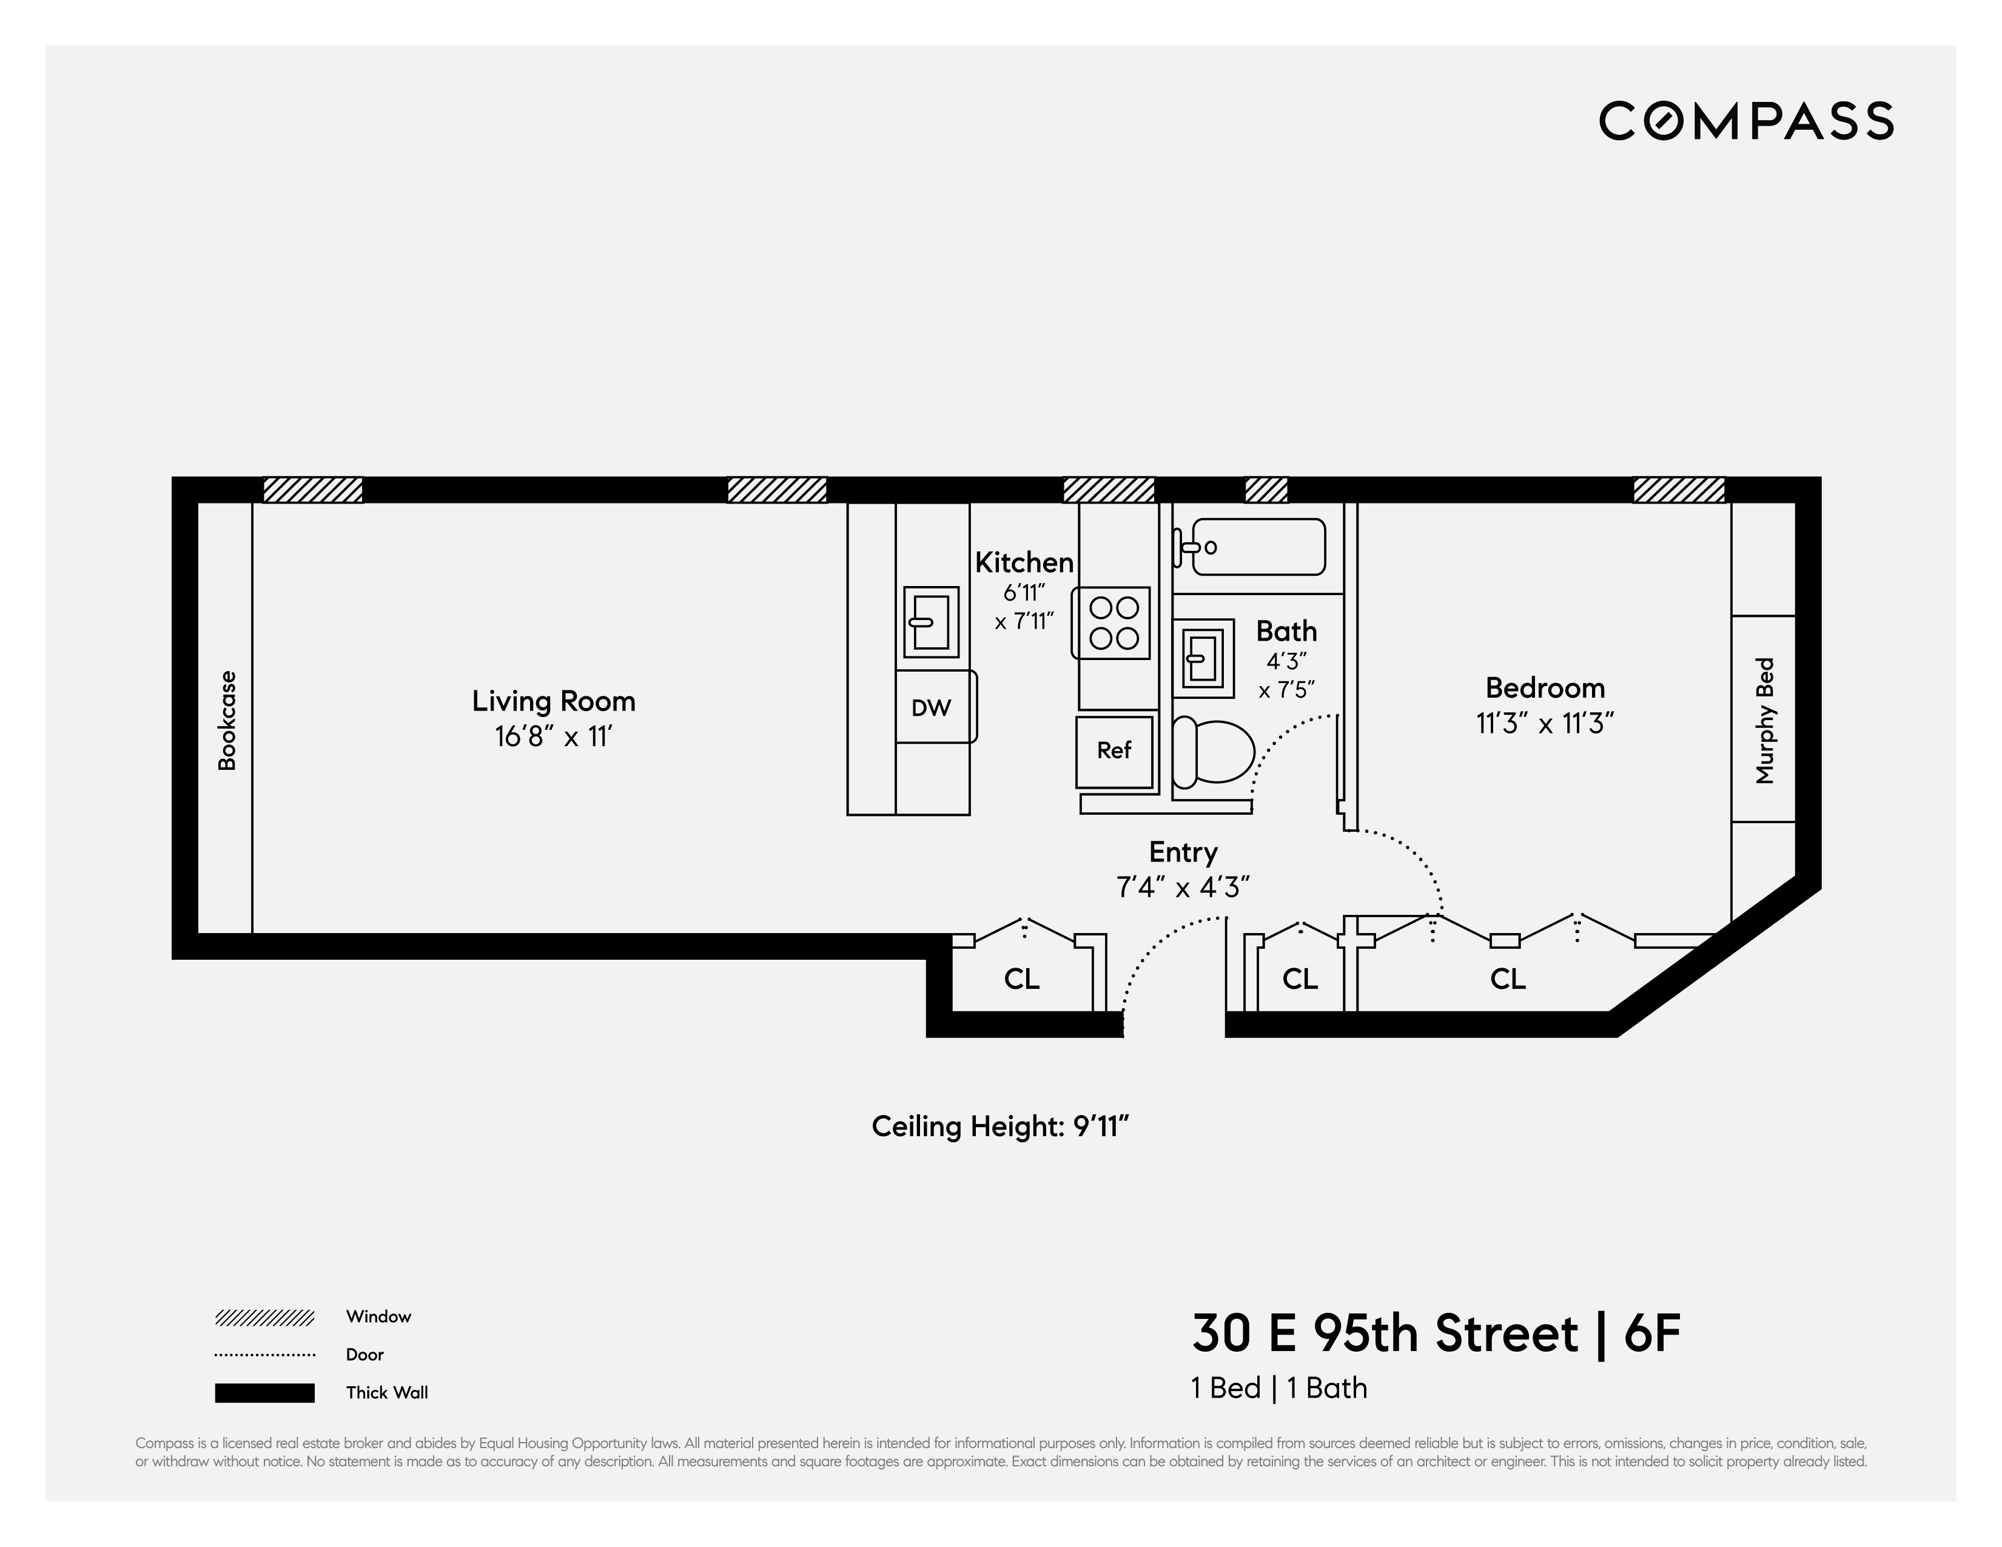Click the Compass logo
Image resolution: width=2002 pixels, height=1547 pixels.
pos(1746,121)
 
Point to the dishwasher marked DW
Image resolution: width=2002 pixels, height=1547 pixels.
pos(932,707)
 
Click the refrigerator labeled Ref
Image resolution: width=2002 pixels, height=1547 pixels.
pos(1114,751)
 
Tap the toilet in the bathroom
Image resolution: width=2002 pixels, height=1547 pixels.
pos(1214,752)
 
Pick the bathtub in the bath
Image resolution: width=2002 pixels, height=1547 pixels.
pos(1258,547)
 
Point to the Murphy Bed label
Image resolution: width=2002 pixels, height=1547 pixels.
pos(1765,721)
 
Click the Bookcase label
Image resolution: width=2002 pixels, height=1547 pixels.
pos(226,720)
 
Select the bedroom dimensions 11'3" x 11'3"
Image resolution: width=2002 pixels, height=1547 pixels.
pos(1545,724)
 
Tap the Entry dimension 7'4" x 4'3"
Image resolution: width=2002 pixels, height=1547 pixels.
pos(1183,888)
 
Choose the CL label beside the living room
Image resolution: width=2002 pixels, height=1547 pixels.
pos(1021,979)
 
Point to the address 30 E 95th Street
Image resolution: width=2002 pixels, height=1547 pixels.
pos(1384,1334)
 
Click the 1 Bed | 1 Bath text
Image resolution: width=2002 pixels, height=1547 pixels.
pos(1278,1389)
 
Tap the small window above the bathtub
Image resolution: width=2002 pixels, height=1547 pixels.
pos(1266,491)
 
